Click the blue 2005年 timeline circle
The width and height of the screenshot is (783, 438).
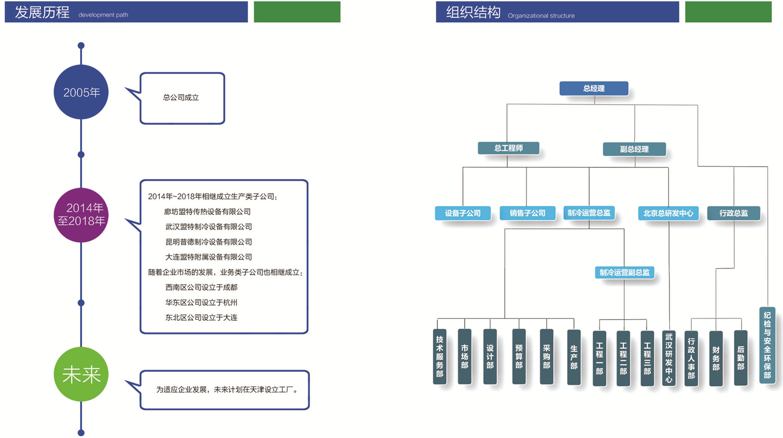81,92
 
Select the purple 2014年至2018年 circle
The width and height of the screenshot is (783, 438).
81,215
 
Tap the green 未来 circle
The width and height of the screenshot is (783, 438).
81,374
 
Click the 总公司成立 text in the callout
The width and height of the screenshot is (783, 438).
181,98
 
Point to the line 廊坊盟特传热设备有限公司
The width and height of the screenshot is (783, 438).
207,212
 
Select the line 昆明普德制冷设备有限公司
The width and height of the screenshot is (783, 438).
209,242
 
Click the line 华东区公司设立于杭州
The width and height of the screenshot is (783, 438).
201,302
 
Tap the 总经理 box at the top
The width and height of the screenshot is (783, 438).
594,88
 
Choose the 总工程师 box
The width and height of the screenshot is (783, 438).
509,148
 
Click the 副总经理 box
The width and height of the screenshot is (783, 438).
634,149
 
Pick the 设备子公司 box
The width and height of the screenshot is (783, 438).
463,213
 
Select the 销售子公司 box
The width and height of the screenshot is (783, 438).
528,213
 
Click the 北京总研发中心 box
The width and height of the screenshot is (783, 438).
668,213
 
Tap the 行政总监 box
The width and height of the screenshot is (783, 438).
734,213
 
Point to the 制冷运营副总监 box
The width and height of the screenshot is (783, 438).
625,273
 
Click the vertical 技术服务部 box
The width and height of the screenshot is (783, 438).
440,357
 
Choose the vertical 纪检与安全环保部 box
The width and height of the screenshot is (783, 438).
767,345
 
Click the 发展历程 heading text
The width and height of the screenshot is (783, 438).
42,12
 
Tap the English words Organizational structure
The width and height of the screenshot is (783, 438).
541,16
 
